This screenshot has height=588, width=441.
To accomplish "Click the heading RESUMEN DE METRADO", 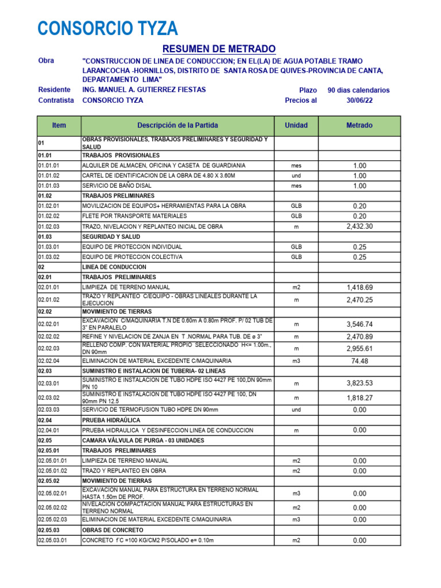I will (x=219, y=49).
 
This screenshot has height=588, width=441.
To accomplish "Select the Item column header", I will (x=59, y=125).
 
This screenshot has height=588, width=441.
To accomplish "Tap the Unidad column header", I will (x=296, y=125).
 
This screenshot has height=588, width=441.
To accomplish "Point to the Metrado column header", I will (x=359, y=125).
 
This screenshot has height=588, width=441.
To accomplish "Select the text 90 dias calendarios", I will (x=358, y=90).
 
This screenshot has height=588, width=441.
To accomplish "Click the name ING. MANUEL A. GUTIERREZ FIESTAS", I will (x=144, y=90).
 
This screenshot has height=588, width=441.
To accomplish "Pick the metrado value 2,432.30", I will (x=359, y=226).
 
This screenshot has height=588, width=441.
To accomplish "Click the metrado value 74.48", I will (x=359, y=361).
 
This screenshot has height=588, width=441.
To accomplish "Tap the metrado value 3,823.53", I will (x=359, y=383).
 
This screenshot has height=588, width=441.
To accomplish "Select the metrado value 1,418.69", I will (x=359, y=287).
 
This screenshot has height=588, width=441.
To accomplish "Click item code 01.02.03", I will (x=49, y=227).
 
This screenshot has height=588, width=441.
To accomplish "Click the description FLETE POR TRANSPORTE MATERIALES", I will (x=134, y=216).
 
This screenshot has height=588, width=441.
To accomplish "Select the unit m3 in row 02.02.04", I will (x=296, y=361).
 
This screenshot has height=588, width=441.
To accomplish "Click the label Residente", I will (x=54, y=90).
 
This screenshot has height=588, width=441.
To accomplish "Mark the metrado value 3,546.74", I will (x=359, y=324).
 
